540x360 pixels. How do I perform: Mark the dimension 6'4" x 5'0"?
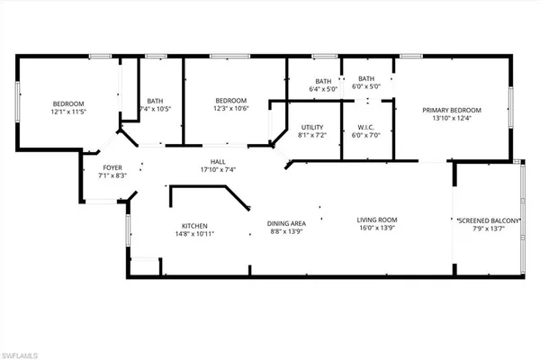tap(319, 89)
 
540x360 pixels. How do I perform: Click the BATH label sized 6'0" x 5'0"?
tap(365, 79)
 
